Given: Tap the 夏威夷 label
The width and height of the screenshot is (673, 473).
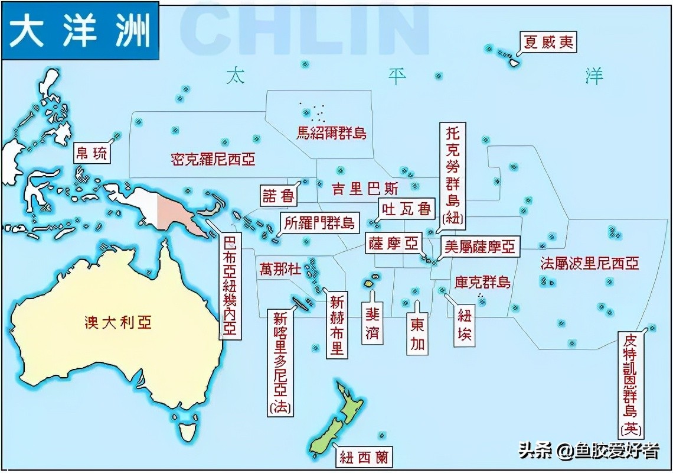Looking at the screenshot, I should click(x=548, y=43).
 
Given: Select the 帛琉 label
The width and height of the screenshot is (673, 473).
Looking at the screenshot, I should click(x=92, y=154).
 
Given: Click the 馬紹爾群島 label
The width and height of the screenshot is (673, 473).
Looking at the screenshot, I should click(x=331, y=133).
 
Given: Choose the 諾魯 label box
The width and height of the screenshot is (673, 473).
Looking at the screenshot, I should click(x=278, y=196).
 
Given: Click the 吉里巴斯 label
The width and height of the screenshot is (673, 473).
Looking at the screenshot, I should click(x=364, y=189).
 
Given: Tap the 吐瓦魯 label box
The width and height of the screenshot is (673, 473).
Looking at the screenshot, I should click(x=407, y=209).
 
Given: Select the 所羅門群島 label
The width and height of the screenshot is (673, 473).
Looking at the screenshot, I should click(x=319, y=223).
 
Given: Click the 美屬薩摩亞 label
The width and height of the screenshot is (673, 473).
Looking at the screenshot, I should click(x=479, y=246).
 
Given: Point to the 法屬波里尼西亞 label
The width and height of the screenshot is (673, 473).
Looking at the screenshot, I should click(x=589, y=263).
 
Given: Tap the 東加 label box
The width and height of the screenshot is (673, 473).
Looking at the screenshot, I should click(x=417, y=335).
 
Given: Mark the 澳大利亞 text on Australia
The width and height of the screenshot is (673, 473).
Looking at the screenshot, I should click(x=117, y=322).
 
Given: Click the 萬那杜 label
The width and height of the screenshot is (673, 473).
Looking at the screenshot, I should click(x=280, y=269).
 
